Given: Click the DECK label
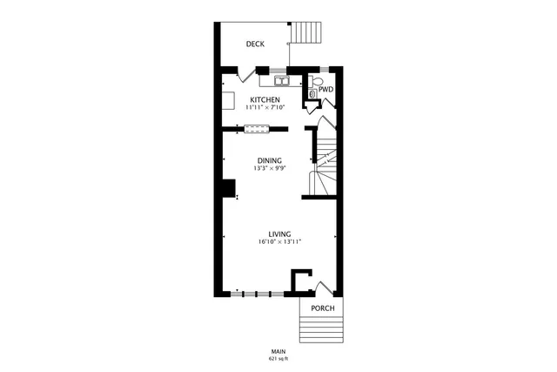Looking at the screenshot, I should [255, 44].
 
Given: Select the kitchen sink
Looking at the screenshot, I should [282, 82].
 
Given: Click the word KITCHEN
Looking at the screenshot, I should [265, 100].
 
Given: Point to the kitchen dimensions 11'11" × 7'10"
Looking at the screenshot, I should [265, 108].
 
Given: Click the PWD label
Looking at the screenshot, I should [325, 89].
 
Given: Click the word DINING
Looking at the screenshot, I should [269, 160].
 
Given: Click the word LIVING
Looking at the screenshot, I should [278, 234].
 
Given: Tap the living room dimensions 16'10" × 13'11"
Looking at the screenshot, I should [278, 242].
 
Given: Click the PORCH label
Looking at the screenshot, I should [321, 308].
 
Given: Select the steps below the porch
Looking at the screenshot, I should [321, 331].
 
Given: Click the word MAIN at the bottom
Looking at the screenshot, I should [278, 352].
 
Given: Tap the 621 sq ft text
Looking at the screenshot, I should [278, 359].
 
